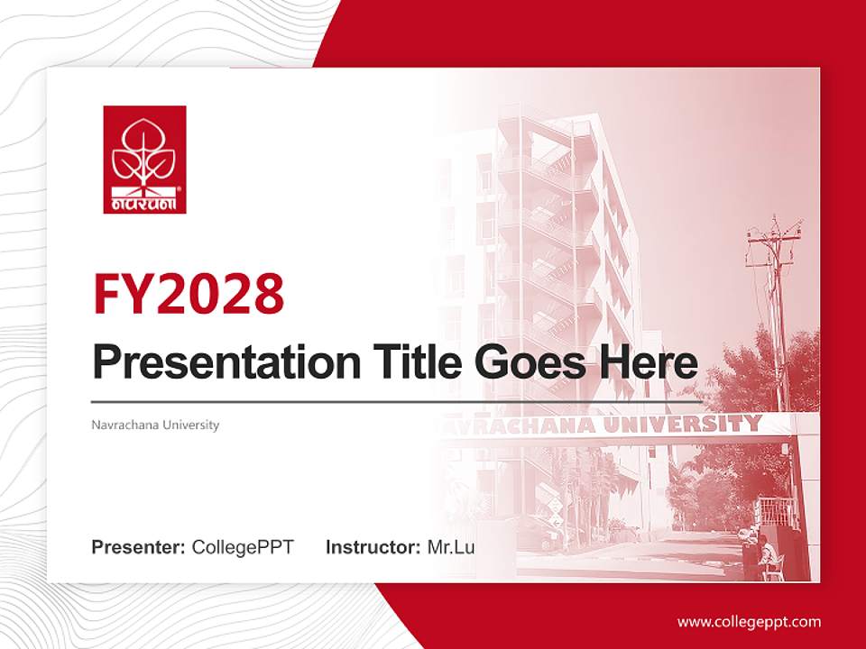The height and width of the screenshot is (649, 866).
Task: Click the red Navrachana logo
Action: tap(144, 160)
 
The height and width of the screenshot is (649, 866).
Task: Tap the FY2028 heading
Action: tap(189, 294)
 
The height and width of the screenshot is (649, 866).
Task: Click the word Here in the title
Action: tap(648, 362)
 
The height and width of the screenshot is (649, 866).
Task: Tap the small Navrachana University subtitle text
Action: tap(155, 425)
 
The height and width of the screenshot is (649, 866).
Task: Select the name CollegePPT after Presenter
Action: tap(243, 547)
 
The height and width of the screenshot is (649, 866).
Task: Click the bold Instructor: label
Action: tap(373, 547)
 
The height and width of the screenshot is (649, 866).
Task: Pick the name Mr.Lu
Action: tap(451, 547)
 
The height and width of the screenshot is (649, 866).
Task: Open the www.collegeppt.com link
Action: tap(749, 621)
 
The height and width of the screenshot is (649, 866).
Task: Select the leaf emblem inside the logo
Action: tap(144, 153)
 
